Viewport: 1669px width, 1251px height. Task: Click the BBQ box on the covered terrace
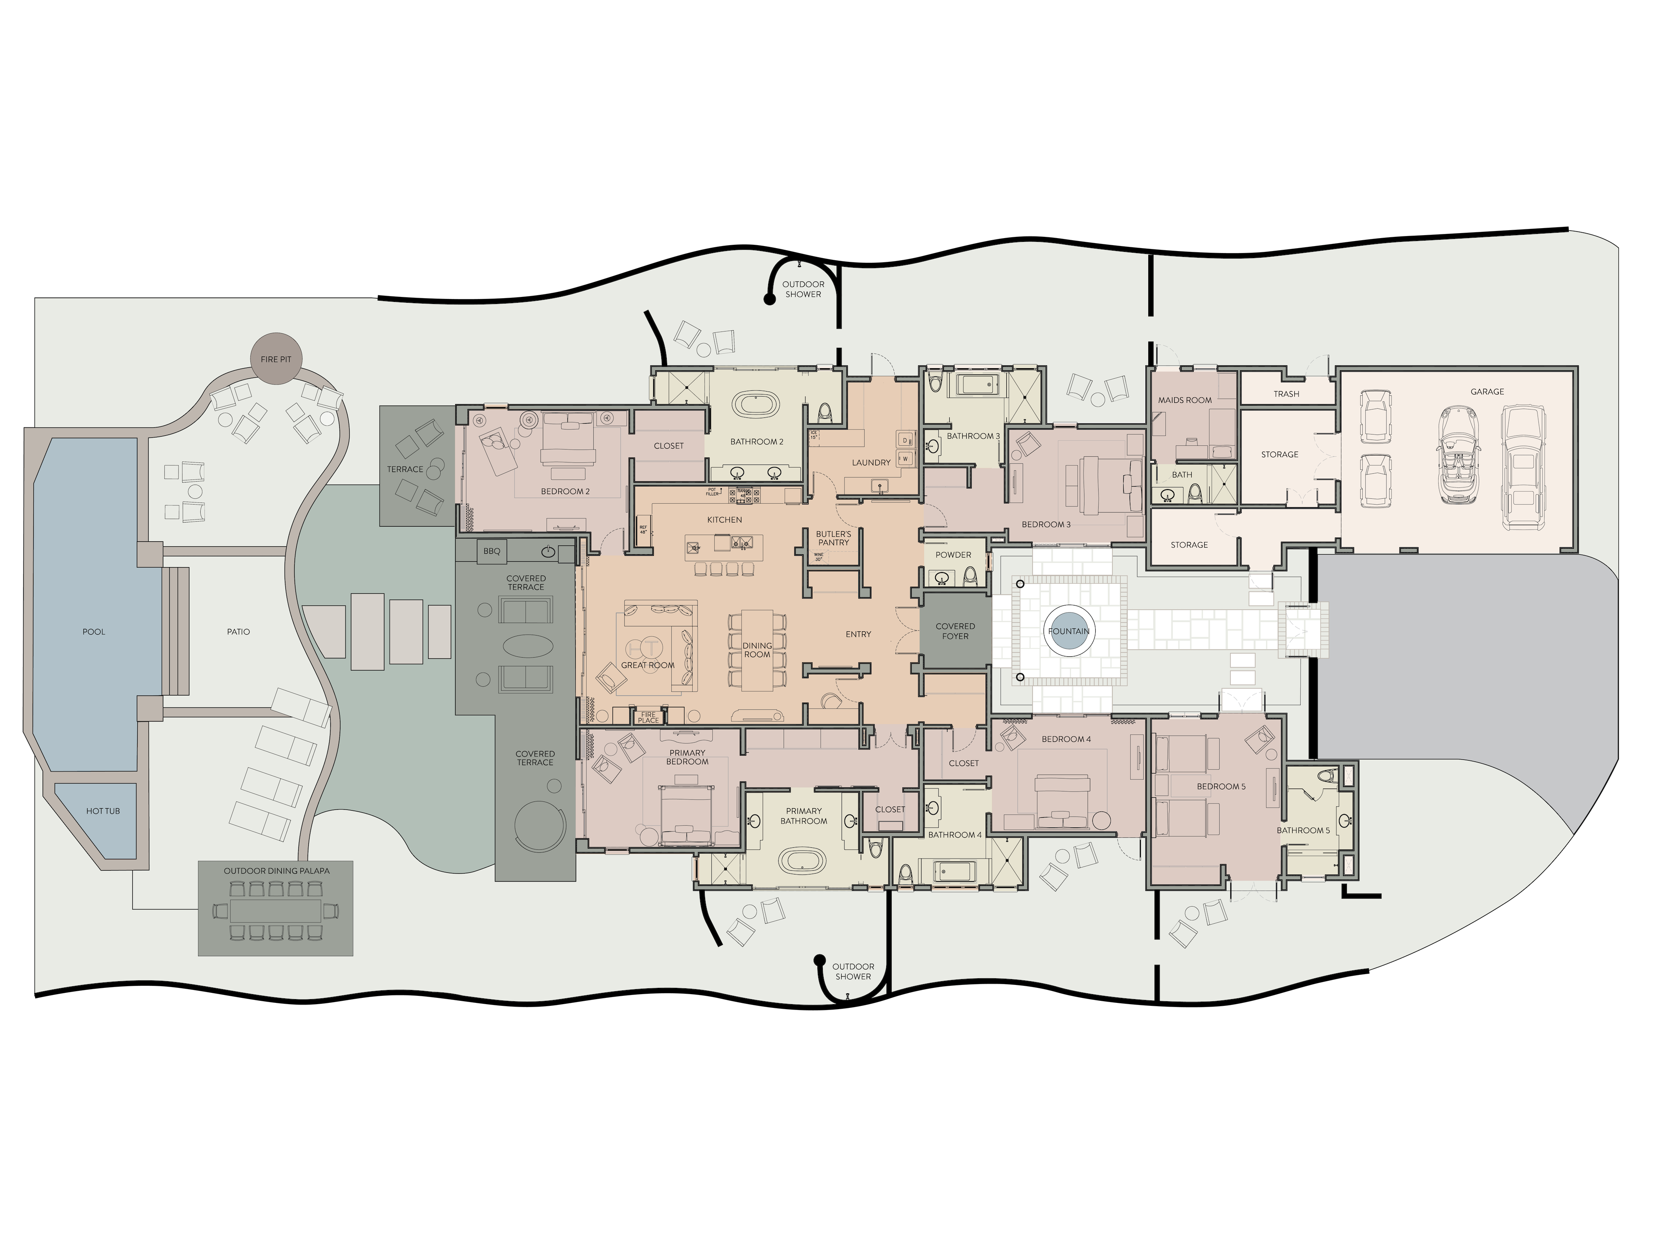pyautogui.click(x=492, y=551)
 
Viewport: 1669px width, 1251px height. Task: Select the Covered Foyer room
pyautogui.click(x=955, y=631)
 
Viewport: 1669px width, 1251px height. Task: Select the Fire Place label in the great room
pyautogui.click(x=648, y=717)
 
